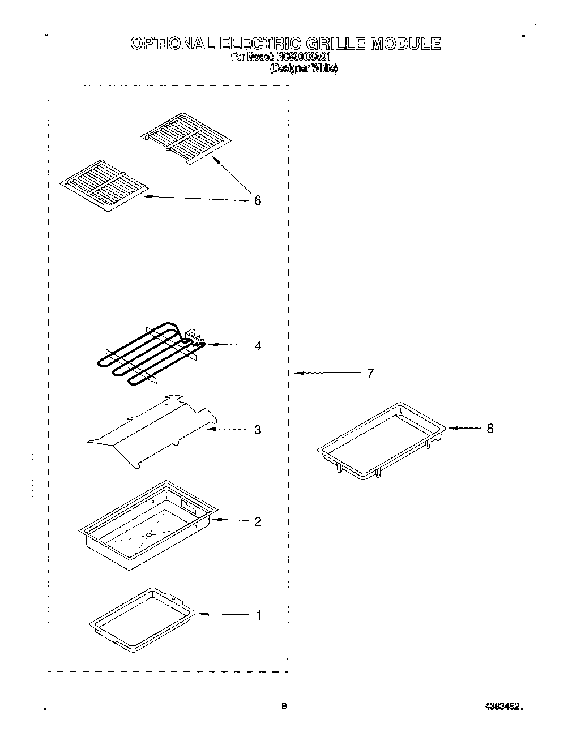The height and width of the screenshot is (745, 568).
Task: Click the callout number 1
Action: [x=259, y=615]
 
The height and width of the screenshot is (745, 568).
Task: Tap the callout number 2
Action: [x=258, y=521]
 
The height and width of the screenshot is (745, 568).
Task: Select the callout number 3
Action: [x=258, y=430]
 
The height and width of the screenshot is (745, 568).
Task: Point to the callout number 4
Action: [x=258, y=345]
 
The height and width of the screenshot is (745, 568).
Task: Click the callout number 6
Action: [x=258, y=200]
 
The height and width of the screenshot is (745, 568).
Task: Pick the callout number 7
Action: [x=370, y=373]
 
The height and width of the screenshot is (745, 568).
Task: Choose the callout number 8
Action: [x=490, y=429]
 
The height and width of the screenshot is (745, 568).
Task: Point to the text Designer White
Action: [x=304, y=68]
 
